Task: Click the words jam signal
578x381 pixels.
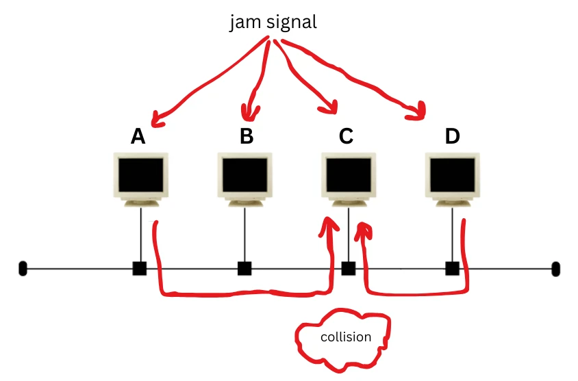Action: click(273, 23)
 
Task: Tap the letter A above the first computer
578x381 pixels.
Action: click(138, 137)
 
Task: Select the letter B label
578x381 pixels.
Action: click(247, 137)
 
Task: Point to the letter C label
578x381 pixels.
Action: click(346, 137)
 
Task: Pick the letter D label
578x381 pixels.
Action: click(452, 137)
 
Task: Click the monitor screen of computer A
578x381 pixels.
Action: click(140, 175)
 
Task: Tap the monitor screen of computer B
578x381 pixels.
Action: click(245, 175)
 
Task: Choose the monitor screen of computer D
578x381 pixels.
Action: click(452, 175)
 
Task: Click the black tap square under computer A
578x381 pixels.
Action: click(140, 268)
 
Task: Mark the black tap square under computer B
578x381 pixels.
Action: click(244, 268)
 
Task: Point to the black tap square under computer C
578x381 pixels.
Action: click(349, 268)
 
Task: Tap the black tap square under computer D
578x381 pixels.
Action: click(452, 268)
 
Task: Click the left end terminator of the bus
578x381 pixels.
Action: click(23, 268)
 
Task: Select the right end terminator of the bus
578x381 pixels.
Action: click(555, 268)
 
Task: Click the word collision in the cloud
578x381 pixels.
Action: click(346, 337)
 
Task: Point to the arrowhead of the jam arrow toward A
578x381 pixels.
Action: click(157, 121)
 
